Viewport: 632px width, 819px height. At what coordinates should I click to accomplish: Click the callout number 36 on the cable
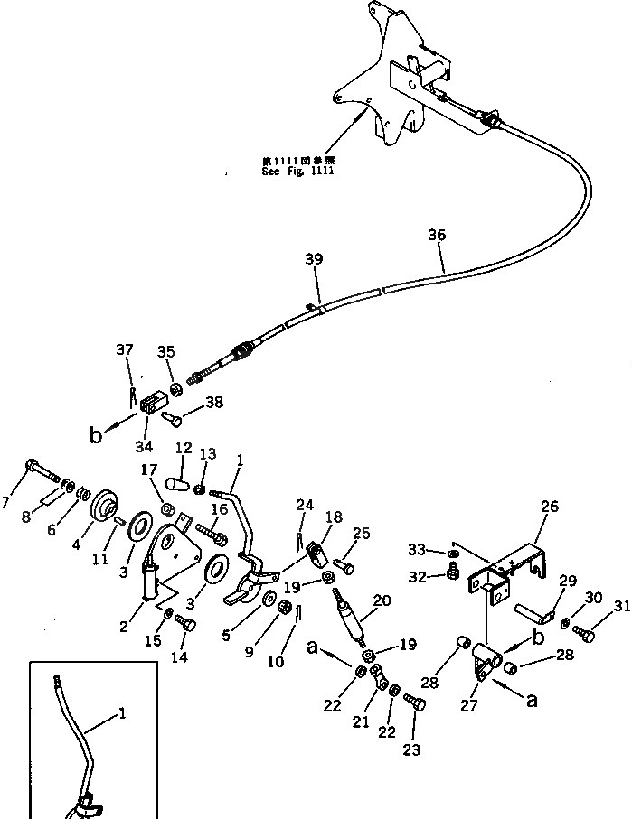click(437, 235)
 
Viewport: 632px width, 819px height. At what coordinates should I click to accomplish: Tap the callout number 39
click(313, 260)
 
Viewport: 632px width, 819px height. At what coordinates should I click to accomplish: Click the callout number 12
click(184, 448)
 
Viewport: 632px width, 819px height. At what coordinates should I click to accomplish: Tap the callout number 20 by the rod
click(381, 600)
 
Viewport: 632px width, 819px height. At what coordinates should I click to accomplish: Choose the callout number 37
click(126, 349)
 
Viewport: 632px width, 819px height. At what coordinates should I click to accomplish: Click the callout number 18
click(334, 517)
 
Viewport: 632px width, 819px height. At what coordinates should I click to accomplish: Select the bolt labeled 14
click(185, 621)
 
